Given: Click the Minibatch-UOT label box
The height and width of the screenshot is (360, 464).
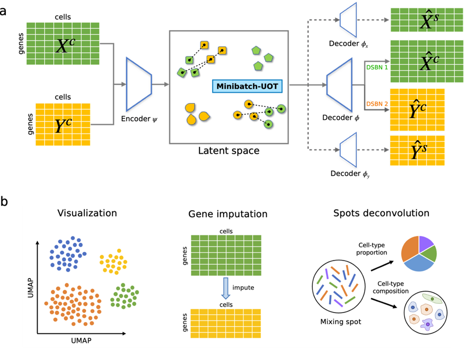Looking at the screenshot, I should click(247, 86).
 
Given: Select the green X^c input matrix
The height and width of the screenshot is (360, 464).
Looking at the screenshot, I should click(63, 43).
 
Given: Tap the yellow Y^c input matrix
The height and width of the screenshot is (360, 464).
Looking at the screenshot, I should click(63, 125).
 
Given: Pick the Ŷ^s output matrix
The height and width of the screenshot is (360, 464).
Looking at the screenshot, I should click(417, 151).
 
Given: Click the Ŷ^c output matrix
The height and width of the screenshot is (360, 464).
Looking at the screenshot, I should click(417, 110).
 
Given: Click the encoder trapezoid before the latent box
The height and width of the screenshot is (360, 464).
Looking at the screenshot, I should click(139, 84).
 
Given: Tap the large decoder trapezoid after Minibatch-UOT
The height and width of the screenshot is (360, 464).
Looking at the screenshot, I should click(340, 85).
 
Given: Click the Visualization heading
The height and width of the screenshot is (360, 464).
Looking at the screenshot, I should click(87, 213).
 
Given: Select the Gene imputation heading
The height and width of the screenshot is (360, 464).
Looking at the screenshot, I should click(228, 214).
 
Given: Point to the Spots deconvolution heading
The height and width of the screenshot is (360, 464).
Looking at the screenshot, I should click(381, 213).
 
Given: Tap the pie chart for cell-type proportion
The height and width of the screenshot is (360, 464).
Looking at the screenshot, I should click(419, 253).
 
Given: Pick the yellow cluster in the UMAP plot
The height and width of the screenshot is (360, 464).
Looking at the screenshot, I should click(112, 261).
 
